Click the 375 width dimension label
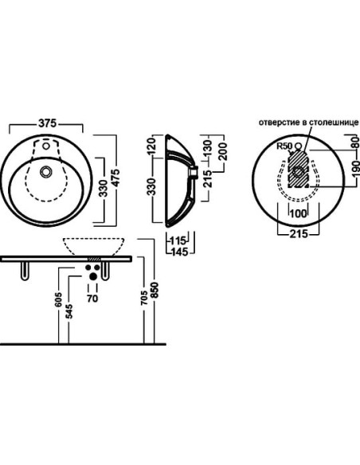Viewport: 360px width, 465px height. click(x=47, y=123)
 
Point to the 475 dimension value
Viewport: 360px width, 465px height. click(x=115, y=178)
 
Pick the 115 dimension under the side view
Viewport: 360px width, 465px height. click(x=178, y=240)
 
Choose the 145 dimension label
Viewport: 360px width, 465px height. click(x=179, y=252)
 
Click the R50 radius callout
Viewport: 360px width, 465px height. click(x=284, y=146)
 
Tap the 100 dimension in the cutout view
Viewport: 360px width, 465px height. click(x=299, y=213)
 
